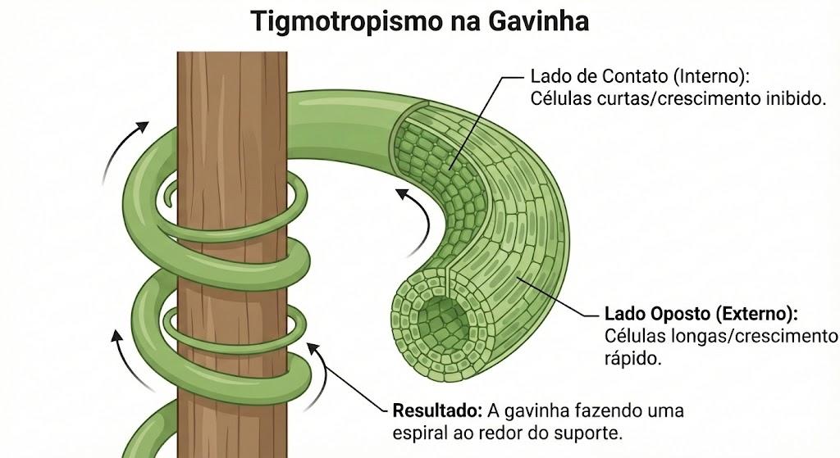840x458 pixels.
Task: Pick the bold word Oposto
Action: point(680,314)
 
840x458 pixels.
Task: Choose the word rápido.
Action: point(632,359)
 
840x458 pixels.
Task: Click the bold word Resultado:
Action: point(437,410)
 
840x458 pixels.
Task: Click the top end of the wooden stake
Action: point(232,52)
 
